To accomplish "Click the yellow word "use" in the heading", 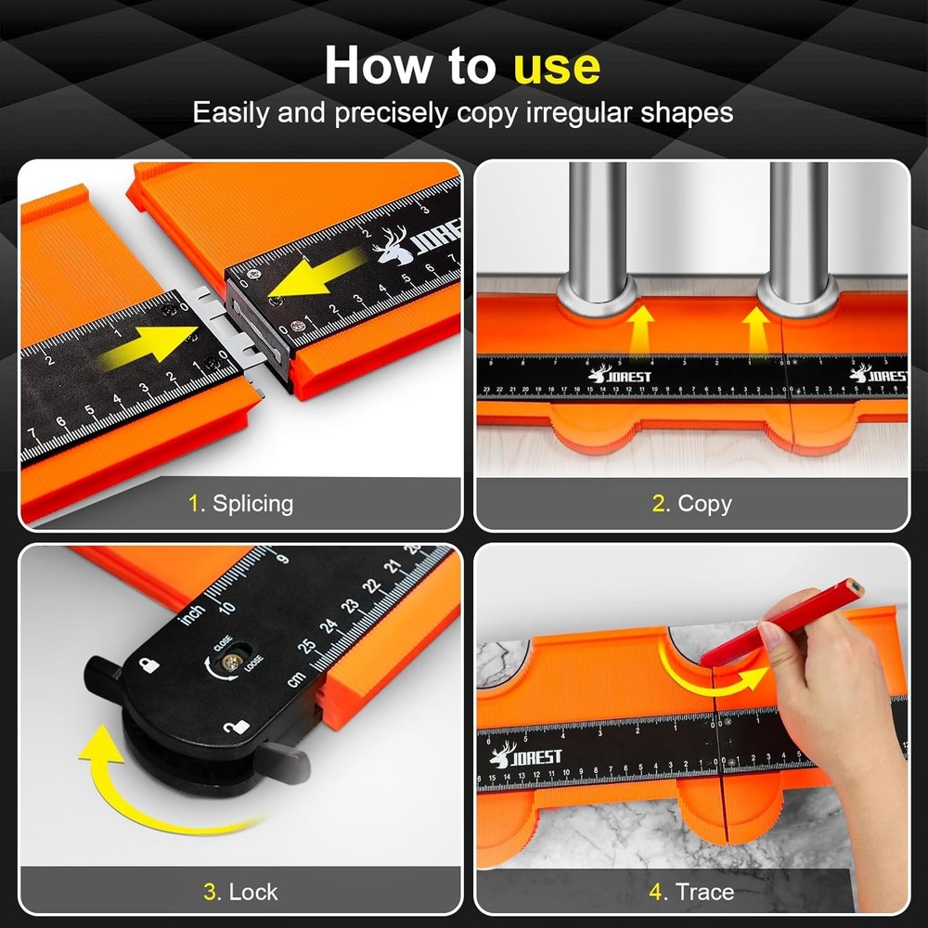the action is coord(557,66).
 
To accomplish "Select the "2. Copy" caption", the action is coord(691,504).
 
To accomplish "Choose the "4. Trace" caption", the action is coord(691,892).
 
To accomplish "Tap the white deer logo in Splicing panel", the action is coord(394,242).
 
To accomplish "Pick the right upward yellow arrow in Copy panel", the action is coord(757,329).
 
